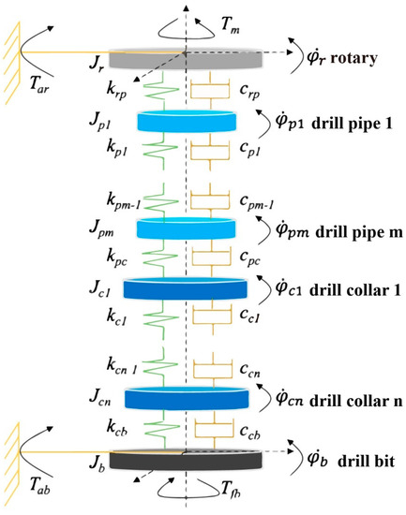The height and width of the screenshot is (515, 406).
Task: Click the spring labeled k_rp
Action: coord(152,90)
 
